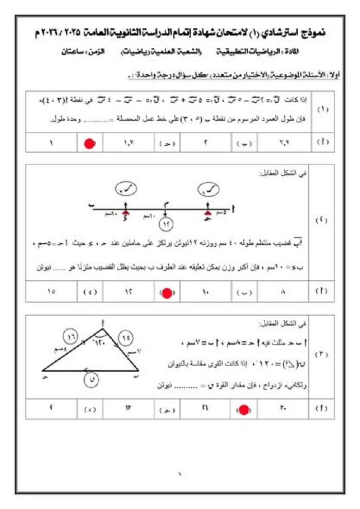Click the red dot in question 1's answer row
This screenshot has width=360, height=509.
point(90,143)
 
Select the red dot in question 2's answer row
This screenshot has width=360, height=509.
point(167,293)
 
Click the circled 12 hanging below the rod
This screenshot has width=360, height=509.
point(167,224)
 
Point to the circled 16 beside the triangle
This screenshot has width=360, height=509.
point(71,337)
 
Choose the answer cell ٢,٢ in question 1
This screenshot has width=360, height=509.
point(283,143)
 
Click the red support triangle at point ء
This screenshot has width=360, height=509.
point(125,211)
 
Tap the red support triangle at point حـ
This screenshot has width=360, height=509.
point(208,211)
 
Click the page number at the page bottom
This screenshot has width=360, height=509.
point(180,473)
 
